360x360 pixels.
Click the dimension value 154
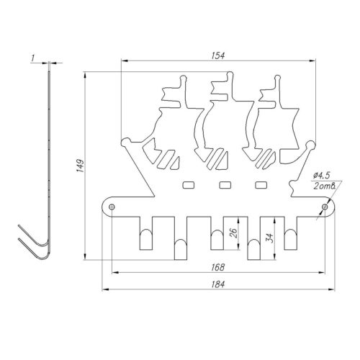point(218,55)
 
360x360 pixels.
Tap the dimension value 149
point(80,165)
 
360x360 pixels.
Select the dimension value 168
point(218,267)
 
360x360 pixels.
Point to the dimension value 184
point(218,284)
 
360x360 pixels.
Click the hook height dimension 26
point(233,233)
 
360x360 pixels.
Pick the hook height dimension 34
point(270,238)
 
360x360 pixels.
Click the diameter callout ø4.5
point(321,176)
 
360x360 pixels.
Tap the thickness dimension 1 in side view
point(33,58)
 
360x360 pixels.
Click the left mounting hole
point(112,207)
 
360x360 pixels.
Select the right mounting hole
point(325,207)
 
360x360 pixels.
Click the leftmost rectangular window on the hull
point(189,185)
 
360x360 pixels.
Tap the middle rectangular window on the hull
point(225,185)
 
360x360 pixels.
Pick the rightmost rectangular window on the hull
point(261,185)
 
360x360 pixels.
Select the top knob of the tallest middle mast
point(230,74)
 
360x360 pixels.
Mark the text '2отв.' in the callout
point(325,186)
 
